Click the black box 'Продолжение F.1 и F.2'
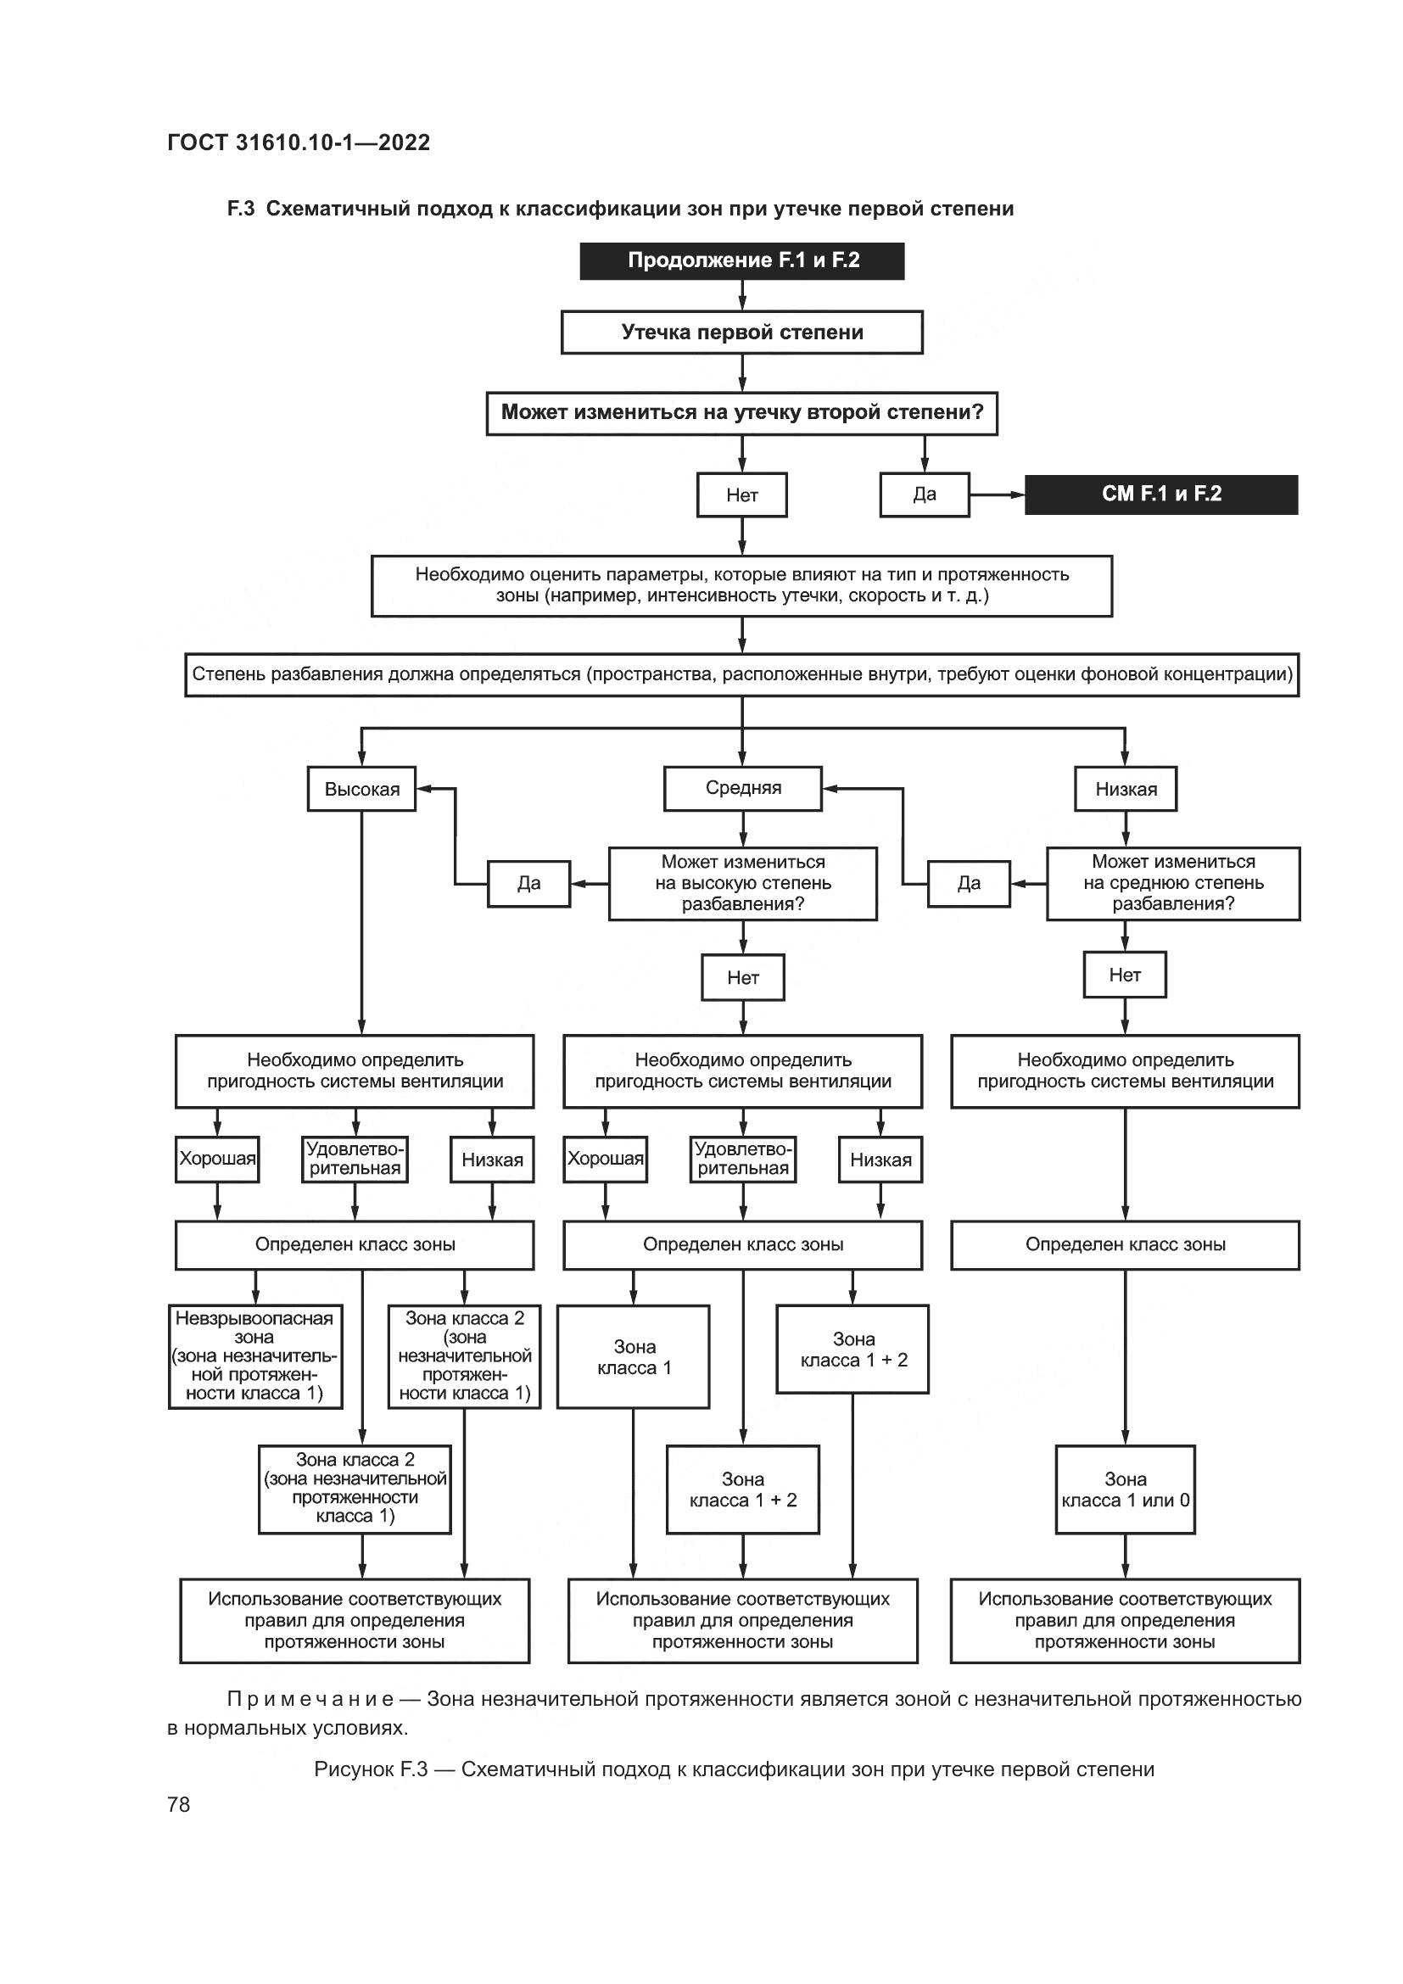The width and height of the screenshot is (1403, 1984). tap(741, 261)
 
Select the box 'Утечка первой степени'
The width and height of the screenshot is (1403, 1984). tap(741, 333)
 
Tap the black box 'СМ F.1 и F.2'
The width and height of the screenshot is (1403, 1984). tap(1160, 495)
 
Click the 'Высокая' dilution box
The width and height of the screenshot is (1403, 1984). tap(361, 789)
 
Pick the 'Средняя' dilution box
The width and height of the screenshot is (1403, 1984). tap(742, 788)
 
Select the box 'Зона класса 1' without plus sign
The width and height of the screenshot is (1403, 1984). tap(634, 1356)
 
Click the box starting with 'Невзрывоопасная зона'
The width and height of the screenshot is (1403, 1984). tap(254, 1355)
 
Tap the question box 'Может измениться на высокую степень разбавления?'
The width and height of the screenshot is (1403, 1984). tap(742, 883)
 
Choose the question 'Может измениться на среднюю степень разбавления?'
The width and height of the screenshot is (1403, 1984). tap(1172, 883)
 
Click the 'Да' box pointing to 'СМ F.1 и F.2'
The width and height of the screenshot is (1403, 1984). tap(924, 495)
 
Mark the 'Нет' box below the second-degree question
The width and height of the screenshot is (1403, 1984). tap(741, 495)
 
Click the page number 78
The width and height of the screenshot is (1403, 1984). tap(179, 1804)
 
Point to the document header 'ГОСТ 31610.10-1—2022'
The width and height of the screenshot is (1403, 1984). tap(298, 143)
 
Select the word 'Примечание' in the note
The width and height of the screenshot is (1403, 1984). tap(310, 1699)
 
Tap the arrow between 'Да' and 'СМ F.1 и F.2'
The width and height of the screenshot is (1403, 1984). tap(997, 495)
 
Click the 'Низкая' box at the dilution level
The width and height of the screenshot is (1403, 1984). tap(1125, 789)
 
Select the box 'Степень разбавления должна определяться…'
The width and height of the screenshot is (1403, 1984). tap(741, 675)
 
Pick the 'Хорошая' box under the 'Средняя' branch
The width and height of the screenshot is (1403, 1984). tap(605, 1159)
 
